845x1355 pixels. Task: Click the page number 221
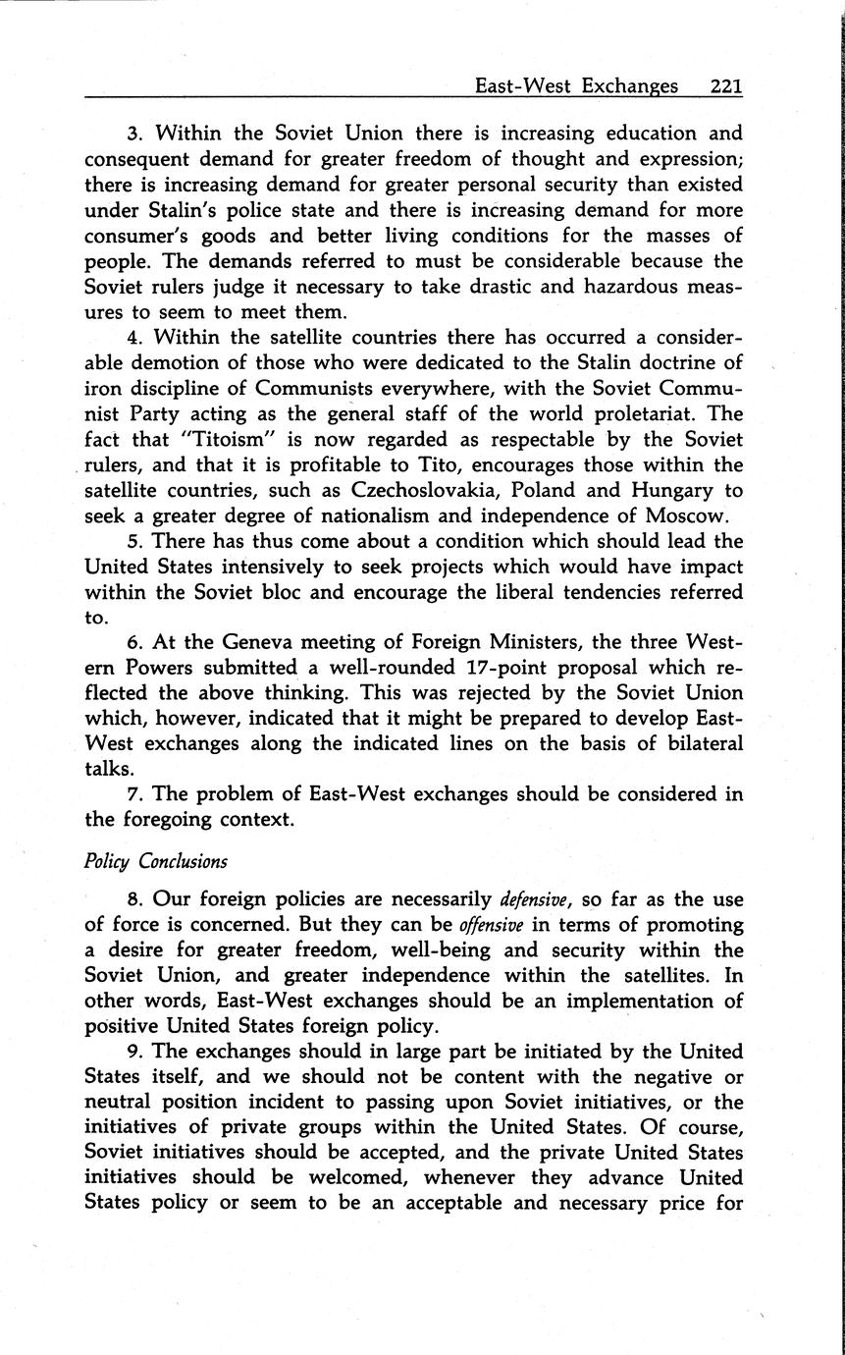click(x=725, y=86)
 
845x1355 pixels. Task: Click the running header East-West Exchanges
click(x=576, y=86)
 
